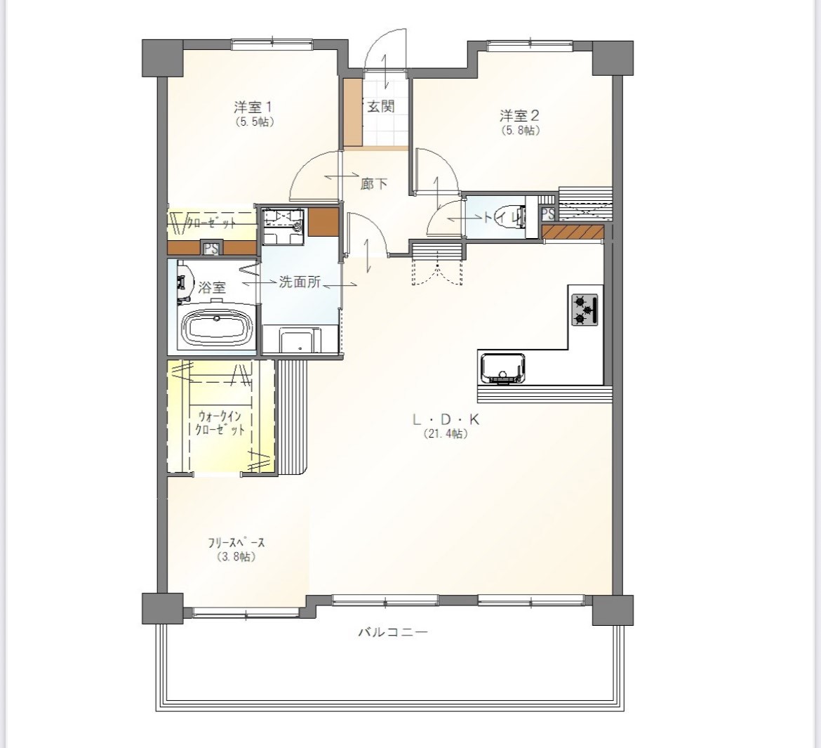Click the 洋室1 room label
(253, 107)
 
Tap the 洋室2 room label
(519, 115)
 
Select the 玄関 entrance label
(380, 107)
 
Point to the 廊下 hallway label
(375, 184)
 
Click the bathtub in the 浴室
(217, 328)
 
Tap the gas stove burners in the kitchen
(585, 309)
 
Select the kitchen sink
(502, 369)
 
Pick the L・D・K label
(446, 419)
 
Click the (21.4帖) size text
(446, 434)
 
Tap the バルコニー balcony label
(393, 631)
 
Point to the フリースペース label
(236, 543)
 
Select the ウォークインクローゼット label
(220, 423)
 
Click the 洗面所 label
(300, 282)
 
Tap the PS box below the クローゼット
(211, 248)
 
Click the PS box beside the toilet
(547, 214)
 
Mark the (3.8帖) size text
(236, 557)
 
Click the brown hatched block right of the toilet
(573, 232)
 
